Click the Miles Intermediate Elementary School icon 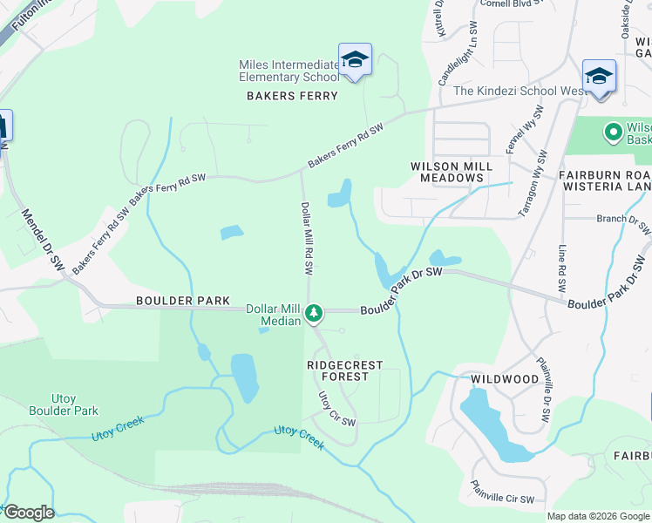[x=355, y=59]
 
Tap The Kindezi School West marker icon [x=599, y=76]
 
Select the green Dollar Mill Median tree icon [x=314, y=313]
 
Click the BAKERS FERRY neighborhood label [x=292, y=96]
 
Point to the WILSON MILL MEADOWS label [x=452, y=172]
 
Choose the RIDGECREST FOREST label [x=344, y=370]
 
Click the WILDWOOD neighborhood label [x=505, y=379]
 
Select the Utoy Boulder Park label [x=64, y=404]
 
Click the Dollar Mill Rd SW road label [x=307, y=236]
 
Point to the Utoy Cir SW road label [x=336, y=409]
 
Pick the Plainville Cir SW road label [x=501, y=494]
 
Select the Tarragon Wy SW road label [x=533, y=185]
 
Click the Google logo [x=28, y=513]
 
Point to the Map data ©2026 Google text [x=598, y=516]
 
